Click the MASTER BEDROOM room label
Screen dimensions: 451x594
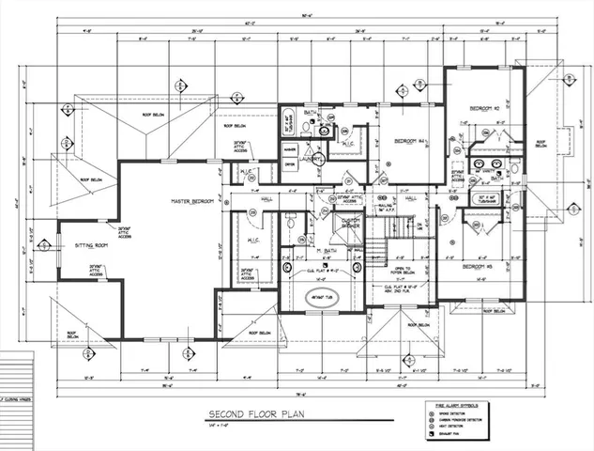[x=192, y=202]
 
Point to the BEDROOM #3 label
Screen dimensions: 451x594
[x=477, y=266]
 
